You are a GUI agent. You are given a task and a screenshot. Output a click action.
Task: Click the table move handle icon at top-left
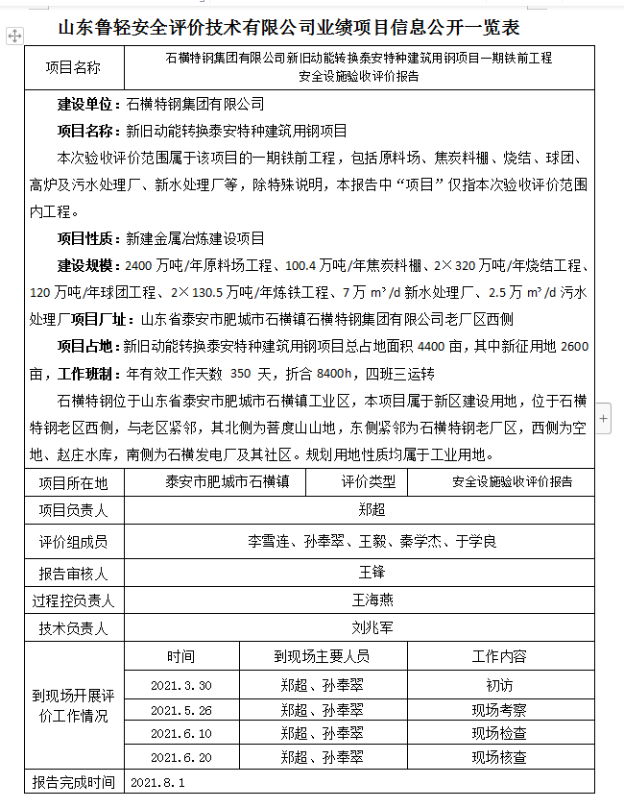tap(14, 35)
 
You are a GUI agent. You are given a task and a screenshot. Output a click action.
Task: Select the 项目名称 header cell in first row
tap(73, 67)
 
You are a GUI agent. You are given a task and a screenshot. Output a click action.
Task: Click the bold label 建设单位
tap(85, 104)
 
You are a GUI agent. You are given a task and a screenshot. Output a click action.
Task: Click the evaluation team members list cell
tap(372, 542)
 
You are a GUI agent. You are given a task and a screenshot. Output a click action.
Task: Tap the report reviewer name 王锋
tap(372, 573)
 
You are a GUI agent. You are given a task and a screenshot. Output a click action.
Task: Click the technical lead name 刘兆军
tap(372, 629)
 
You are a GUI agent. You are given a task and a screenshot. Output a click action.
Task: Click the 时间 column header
tap(180, 657)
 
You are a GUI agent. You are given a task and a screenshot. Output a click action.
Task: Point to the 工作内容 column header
tap(498, 657)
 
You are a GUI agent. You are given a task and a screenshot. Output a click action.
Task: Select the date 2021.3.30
tap(180, 686)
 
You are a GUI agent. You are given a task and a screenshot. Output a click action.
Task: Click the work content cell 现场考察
tap(498, 710)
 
